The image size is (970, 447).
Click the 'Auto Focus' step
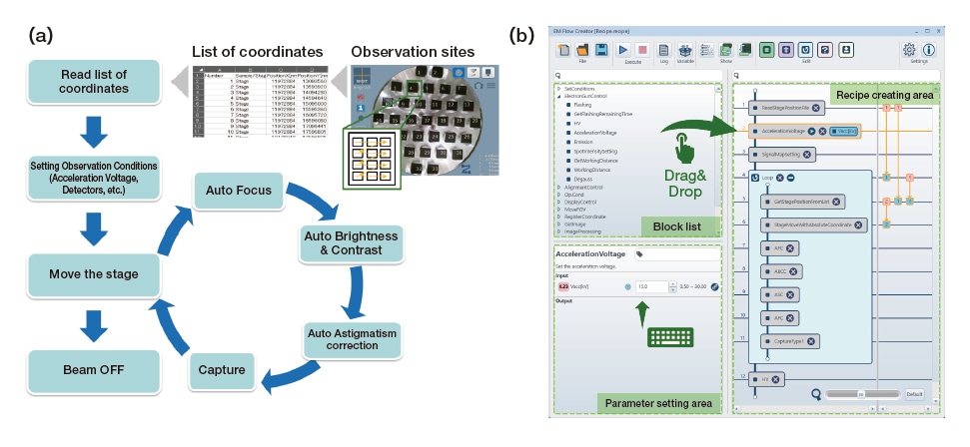click(240, 189)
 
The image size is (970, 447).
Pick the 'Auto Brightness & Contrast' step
click(349, 242)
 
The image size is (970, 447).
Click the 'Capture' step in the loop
click(222, 370)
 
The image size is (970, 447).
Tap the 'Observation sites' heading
click(412, 51)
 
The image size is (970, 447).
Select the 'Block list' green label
click(676, 224)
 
